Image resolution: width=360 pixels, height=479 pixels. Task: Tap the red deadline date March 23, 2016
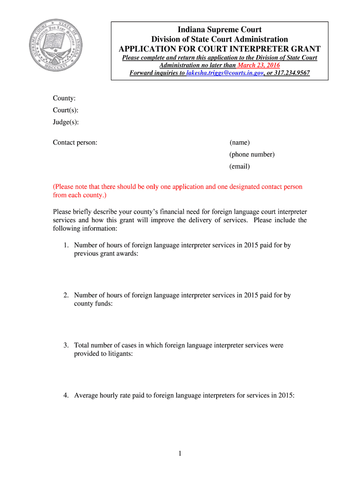[259, 65]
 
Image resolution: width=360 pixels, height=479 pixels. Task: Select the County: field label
[64, 98]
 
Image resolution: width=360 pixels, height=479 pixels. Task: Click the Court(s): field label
[65, 110]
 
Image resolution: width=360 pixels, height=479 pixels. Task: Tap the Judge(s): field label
[65, 123]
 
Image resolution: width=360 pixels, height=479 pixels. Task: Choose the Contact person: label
[75, 142]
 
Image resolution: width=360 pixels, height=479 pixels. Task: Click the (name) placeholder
[239, 142]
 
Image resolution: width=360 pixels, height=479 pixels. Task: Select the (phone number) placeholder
[252, 154]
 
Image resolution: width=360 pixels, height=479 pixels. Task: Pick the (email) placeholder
[239, 167]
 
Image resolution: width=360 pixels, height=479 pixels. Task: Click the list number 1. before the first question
[66, 245]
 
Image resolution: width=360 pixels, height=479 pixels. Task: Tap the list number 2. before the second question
[66, 295]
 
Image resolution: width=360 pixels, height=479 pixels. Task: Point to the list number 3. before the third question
[66, 345]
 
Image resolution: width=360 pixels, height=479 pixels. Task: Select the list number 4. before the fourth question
[66, 395]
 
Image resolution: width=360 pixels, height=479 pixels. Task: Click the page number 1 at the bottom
[180, 453]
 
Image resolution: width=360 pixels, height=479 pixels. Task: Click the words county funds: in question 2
[93, 304]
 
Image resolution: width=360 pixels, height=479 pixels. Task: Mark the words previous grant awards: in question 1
[106, 254]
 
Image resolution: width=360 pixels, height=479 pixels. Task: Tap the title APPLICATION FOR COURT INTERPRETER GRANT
[219, 49]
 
